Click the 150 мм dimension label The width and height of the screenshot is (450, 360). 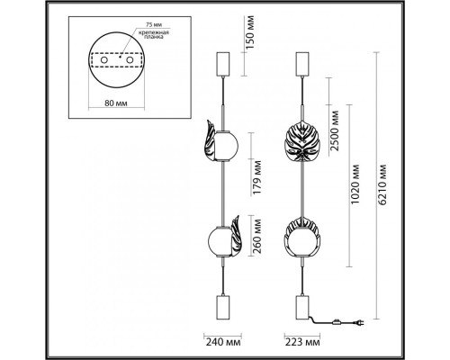point(251,32)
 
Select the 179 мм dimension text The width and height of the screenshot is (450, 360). point(256,177)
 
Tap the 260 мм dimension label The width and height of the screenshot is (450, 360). point(256,237)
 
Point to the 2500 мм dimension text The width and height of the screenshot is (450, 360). point(334,130)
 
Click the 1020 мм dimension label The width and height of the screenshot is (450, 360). point(355,184)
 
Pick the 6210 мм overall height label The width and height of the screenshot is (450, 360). point(382,184)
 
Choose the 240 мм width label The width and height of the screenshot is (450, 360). point(223,342)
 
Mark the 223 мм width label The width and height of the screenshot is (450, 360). point(302,342)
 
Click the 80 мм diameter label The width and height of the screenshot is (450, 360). point(116,103)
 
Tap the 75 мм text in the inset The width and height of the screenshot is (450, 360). point(152,24)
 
